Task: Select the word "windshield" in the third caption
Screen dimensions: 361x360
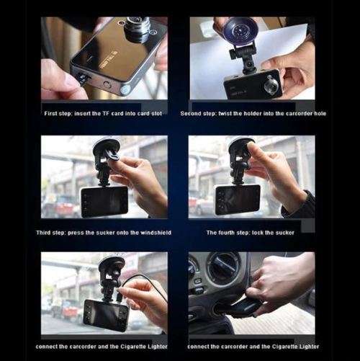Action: click(150, 233)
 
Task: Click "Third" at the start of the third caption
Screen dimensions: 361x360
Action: click(45, 233)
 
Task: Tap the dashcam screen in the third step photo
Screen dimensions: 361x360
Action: click(104, 201)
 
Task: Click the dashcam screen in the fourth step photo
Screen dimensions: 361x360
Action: click(237, 199)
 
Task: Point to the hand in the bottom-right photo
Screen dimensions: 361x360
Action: click(281, 281)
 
